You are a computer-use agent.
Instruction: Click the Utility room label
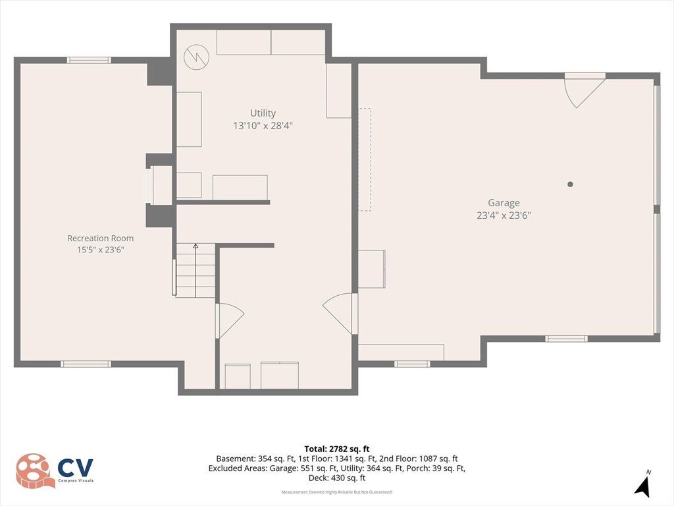(263, 113)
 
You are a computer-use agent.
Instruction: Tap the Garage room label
(504, 203)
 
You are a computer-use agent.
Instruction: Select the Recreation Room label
(100, 238)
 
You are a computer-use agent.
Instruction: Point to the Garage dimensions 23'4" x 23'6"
(504, 215)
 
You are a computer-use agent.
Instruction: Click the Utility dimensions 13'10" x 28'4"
(263, 126)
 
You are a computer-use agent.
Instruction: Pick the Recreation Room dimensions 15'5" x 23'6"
(100, 250)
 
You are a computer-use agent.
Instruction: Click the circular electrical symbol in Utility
(196, 57)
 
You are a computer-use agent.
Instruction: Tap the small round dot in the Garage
(571, 184)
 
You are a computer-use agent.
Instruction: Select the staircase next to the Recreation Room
(195, 270)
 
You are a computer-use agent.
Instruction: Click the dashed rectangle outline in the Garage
(365, 159)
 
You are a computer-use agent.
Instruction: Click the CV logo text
(76, 467)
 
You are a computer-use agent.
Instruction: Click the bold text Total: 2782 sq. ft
(337, 449)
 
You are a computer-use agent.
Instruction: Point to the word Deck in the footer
(318, 478)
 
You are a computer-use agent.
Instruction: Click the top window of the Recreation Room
(89, 60)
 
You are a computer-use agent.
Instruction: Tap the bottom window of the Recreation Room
(86, 364)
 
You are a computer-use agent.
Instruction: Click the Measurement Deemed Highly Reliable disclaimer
(337, 492)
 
